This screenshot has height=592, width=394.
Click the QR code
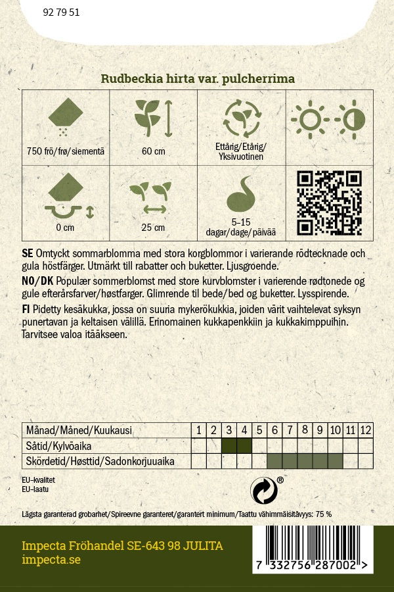pyautogui.click(x=330, y=203)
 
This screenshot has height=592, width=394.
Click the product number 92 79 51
pyautogui.click(x=61, y=12)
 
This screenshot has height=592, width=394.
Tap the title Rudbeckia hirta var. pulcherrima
pyautogui.click(x=197, y=79)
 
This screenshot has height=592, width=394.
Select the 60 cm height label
pyautogui.click(x=153, y=151)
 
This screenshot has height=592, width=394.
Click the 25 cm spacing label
pyautogui.click(x=153, y=228)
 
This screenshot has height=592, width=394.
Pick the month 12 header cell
pyautogui.click(x=366, y=430)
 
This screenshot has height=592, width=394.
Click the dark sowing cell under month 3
pyautogui.click(x=229, y=446)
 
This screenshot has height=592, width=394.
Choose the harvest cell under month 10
pyautogui.click(x=335, y=461)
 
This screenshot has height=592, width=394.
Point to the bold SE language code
pyautogui.click(x=28, y=254)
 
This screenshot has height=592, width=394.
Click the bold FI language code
pyautogui.click(x=26, y=308)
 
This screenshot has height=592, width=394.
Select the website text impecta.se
pyautogui.click(x=51, y=560)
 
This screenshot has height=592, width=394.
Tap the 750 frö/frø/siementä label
pyautogui.click(x=66, y=151)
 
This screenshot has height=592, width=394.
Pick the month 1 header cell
pyautogui.click(x=199, y=430)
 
